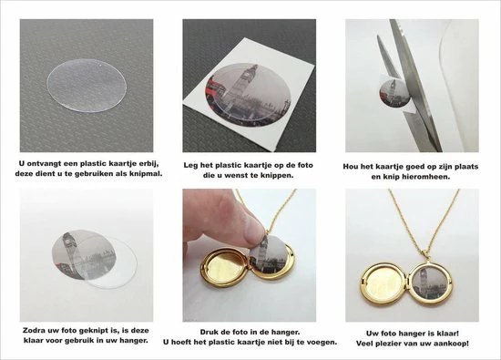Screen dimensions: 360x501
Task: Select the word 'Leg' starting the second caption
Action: point(192,162)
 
